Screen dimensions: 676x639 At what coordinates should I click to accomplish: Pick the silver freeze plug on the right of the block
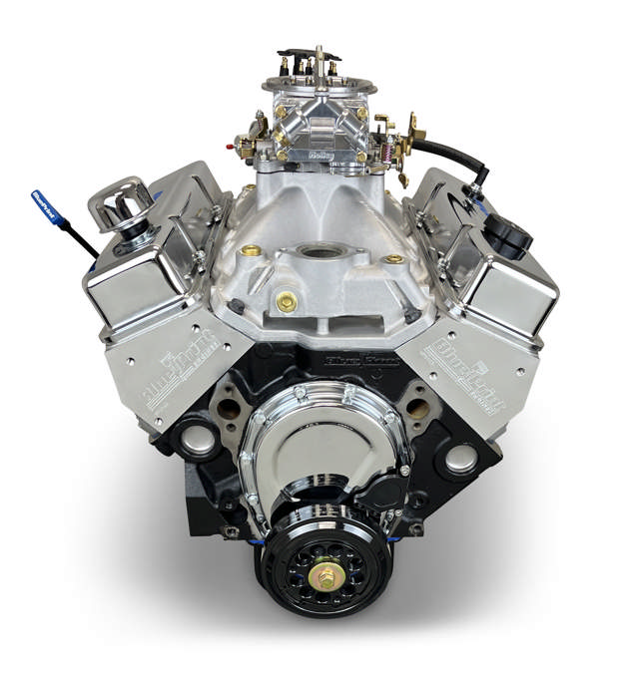pos(460,459)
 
